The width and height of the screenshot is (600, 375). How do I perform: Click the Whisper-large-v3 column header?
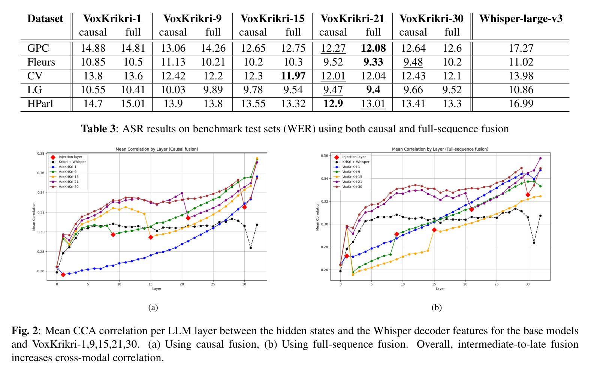pos(521,19)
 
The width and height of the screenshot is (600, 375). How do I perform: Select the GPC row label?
pos(38,48)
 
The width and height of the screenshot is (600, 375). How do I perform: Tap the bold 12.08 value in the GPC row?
pos(373,48)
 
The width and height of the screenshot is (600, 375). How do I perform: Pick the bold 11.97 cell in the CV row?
pos(293,76)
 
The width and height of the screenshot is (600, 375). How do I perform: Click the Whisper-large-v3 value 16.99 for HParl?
pos(521,104)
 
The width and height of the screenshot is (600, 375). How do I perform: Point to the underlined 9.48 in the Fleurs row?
pos(413,62)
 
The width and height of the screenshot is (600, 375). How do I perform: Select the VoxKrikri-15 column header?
pos(272,19)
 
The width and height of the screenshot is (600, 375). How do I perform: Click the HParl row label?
pos(40,104)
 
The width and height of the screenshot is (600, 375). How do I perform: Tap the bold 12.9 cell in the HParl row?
pos(333,104)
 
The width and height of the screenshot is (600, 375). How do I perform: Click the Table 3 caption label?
pos(98,129)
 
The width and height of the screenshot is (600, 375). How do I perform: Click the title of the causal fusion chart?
pos(157,149)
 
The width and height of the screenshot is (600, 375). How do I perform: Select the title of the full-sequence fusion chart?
pos(440,149)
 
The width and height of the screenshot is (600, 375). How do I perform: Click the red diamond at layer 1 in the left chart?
pos(63,275)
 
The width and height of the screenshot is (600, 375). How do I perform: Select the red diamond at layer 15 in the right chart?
pos(434,230)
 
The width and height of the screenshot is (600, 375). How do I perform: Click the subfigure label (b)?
pos(437,308)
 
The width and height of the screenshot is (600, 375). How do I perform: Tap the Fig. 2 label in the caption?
pos(25,331)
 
